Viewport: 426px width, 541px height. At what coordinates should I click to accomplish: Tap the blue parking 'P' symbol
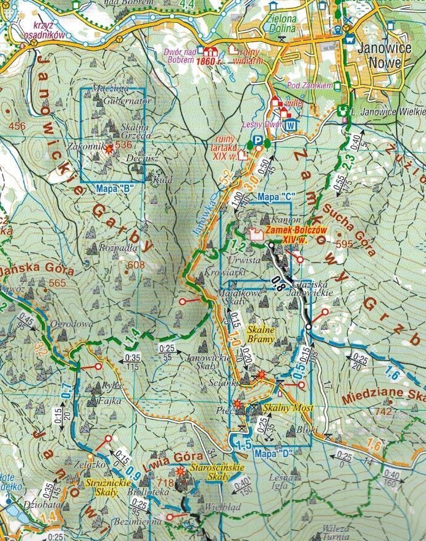pos(259,141)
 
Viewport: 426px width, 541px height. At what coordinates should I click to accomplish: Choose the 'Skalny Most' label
pos(288,409)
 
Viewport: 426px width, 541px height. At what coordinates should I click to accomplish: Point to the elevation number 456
pos(17,127)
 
